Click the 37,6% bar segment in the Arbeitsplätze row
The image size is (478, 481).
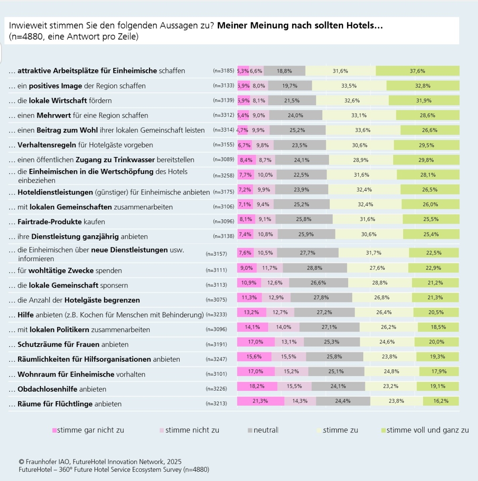(x=417, y=71)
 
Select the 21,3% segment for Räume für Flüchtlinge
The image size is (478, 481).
(x=261, y=401)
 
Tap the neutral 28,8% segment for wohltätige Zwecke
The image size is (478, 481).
(x=315, y=268)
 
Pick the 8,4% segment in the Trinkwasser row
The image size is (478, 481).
(x=246, y=160)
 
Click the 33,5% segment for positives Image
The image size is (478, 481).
(x=349, y=86)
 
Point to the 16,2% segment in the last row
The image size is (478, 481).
(x=441, y=401)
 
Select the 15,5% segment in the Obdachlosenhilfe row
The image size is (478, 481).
(x=294, y=386)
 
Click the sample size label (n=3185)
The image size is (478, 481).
(x=223, y=71)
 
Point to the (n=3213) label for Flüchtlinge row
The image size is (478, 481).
(x=216, y=404)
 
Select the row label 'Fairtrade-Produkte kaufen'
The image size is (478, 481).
(x=61, y=222)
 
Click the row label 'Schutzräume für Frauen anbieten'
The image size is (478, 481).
(x=73, y=345)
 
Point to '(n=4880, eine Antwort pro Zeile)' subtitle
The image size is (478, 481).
(x=74, y=37)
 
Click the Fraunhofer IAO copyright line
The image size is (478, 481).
(x=100, y=462)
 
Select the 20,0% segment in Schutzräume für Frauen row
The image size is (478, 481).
(x=437, y=342)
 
